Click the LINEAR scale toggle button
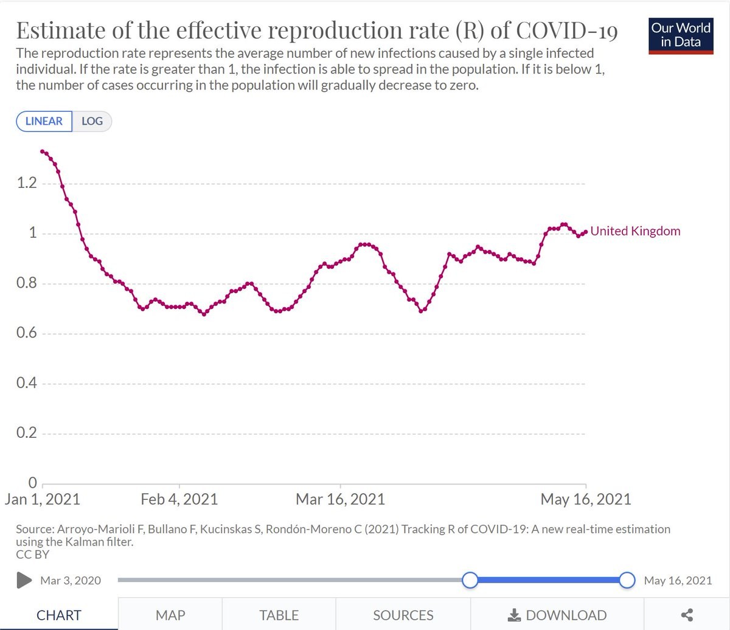(44, 121)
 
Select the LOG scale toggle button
(92, 121)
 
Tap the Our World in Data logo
(681, 35)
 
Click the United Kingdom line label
(635, 231)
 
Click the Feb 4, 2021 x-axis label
(179, 500)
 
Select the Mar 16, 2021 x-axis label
(340, 500)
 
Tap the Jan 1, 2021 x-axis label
(42, 500)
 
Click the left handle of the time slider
(470, 580)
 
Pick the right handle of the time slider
(627, 580)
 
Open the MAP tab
(170, 615)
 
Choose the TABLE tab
(279, 615)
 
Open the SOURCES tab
(403, 615)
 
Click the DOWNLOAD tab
(557, 615)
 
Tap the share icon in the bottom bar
(687, 615)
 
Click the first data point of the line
(42, 151)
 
